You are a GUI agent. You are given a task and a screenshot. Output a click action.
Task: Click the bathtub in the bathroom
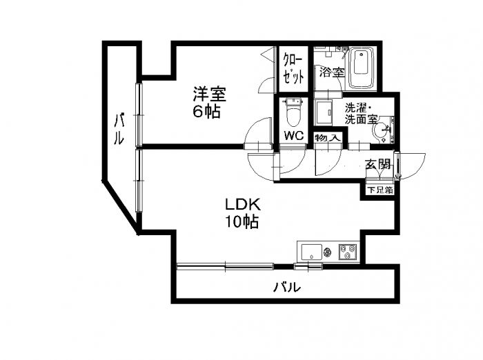tap(361, 68)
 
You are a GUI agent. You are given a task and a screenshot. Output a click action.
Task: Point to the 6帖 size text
tap(206, 111)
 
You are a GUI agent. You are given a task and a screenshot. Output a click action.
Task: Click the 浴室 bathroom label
tap(330, 71)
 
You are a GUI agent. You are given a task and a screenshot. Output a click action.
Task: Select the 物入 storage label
tap(327, 139)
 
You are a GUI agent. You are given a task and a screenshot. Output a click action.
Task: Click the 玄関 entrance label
tap(378, 164)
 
